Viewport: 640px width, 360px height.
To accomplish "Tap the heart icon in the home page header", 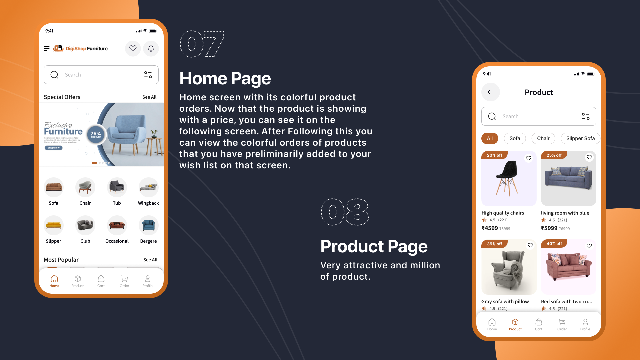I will tap(133, 49).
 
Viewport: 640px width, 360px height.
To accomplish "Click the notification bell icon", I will tap(151, 49).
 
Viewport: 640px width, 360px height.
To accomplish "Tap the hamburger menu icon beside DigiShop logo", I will tap(47, 49).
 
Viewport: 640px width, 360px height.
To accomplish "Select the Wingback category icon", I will tap(148, 187).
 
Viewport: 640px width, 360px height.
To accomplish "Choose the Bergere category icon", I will tap(148, 225).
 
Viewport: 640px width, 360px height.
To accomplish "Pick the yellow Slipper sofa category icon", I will tap(53, 225).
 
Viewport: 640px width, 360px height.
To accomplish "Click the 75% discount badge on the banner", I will tap(96, 134).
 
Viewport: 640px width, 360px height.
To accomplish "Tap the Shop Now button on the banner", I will tap(53, 148).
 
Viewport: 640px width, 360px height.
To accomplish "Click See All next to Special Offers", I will tap(149, 97).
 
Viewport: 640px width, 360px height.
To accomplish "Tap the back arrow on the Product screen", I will tap(491, 92).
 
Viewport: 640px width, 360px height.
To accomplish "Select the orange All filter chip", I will tap(490, 138).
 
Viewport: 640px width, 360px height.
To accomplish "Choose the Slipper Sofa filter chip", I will tap(580, 138).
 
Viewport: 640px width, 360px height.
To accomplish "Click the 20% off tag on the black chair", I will tap(494, 155).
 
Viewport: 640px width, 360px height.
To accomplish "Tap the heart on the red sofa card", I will tap(589, 246).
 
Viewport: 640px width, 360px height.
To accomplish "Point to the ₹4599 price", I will tap(490, 228).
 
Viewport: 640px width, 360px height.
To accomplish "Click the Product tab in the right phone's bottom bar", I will tap(515, 324).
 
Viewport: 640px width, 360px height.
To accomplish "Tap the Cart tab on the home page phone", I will tap(101, 281).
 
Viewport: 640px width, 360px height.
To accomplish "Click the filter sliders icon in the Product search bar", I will tap(586, 116).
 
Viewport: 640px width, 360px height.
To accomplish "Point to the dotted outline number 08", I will tap(345, 212).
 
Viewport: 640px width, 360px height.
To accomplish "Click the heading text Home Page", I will tap(225, 79).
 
